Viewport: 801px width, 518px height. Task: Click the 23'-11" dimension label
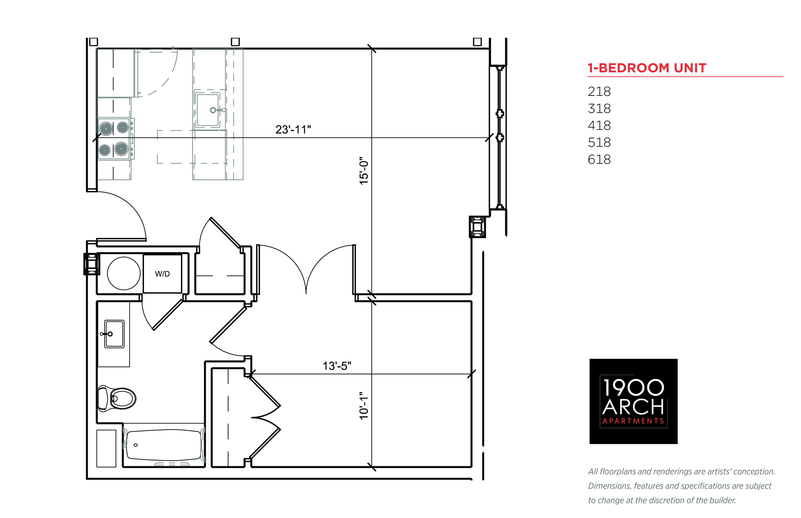pyautogui.click(x=293, y=129)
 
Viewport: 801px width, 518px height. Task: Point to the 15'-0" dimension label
pyautogui.click(x=364, y=170)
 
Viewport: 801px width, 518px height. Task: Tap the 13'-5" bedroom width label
pyautogui.click(x=337, y=366)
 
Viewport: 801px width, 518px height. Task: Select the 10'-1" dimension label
pyautogui.click(x=364, y=405)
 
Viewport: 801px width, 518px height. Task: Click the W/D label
pyautogui.click(x=162, y=274)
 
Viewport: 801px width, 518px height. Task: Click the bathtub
pyautogui.click(x=164, y=445)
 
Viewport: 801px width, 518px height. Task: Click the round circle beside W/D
pyautogui.click(x=124, y=273)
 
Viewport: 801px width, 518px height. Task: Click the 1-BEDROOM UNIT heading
pyautogui.click(x=647, y=68)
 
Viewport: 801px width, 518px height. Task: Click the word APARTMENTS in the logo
pyautogui.click(x=633, y=421)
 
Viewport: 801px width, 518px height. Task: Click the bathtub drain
pyautogui.click(x=136, y=445)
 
